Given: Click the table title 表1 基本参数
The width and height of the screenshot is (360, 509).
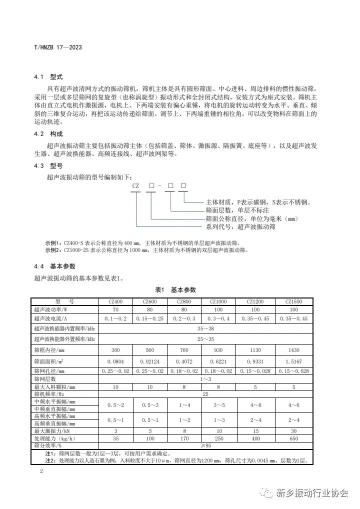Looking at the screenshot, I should coord(175,290).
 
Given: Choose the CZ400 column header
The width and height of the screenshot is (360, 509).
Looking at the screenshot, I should coord(115,301).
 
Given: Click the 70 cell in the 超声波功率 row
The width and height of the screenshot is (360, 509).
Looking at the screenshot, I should coord(115,309).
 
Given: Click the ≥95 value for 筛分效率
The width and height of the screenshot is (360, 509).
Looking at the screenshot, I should coord(205,445).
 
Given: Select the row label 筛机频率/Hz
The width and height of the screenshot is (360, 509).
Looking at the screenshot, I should coord(50,394).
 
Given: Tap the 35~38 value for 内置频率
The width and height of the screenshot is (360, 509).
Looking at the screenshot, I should coord(205,328).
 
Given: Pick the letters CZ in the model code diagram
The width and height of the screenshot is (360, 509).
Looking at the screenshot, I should coord(135,185).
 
